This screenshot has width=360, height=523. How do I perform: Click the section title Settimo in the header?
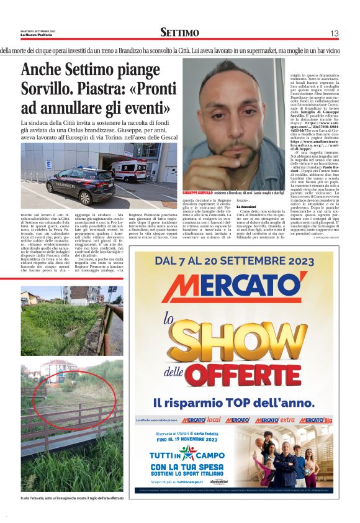click(x=179, y=32)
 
